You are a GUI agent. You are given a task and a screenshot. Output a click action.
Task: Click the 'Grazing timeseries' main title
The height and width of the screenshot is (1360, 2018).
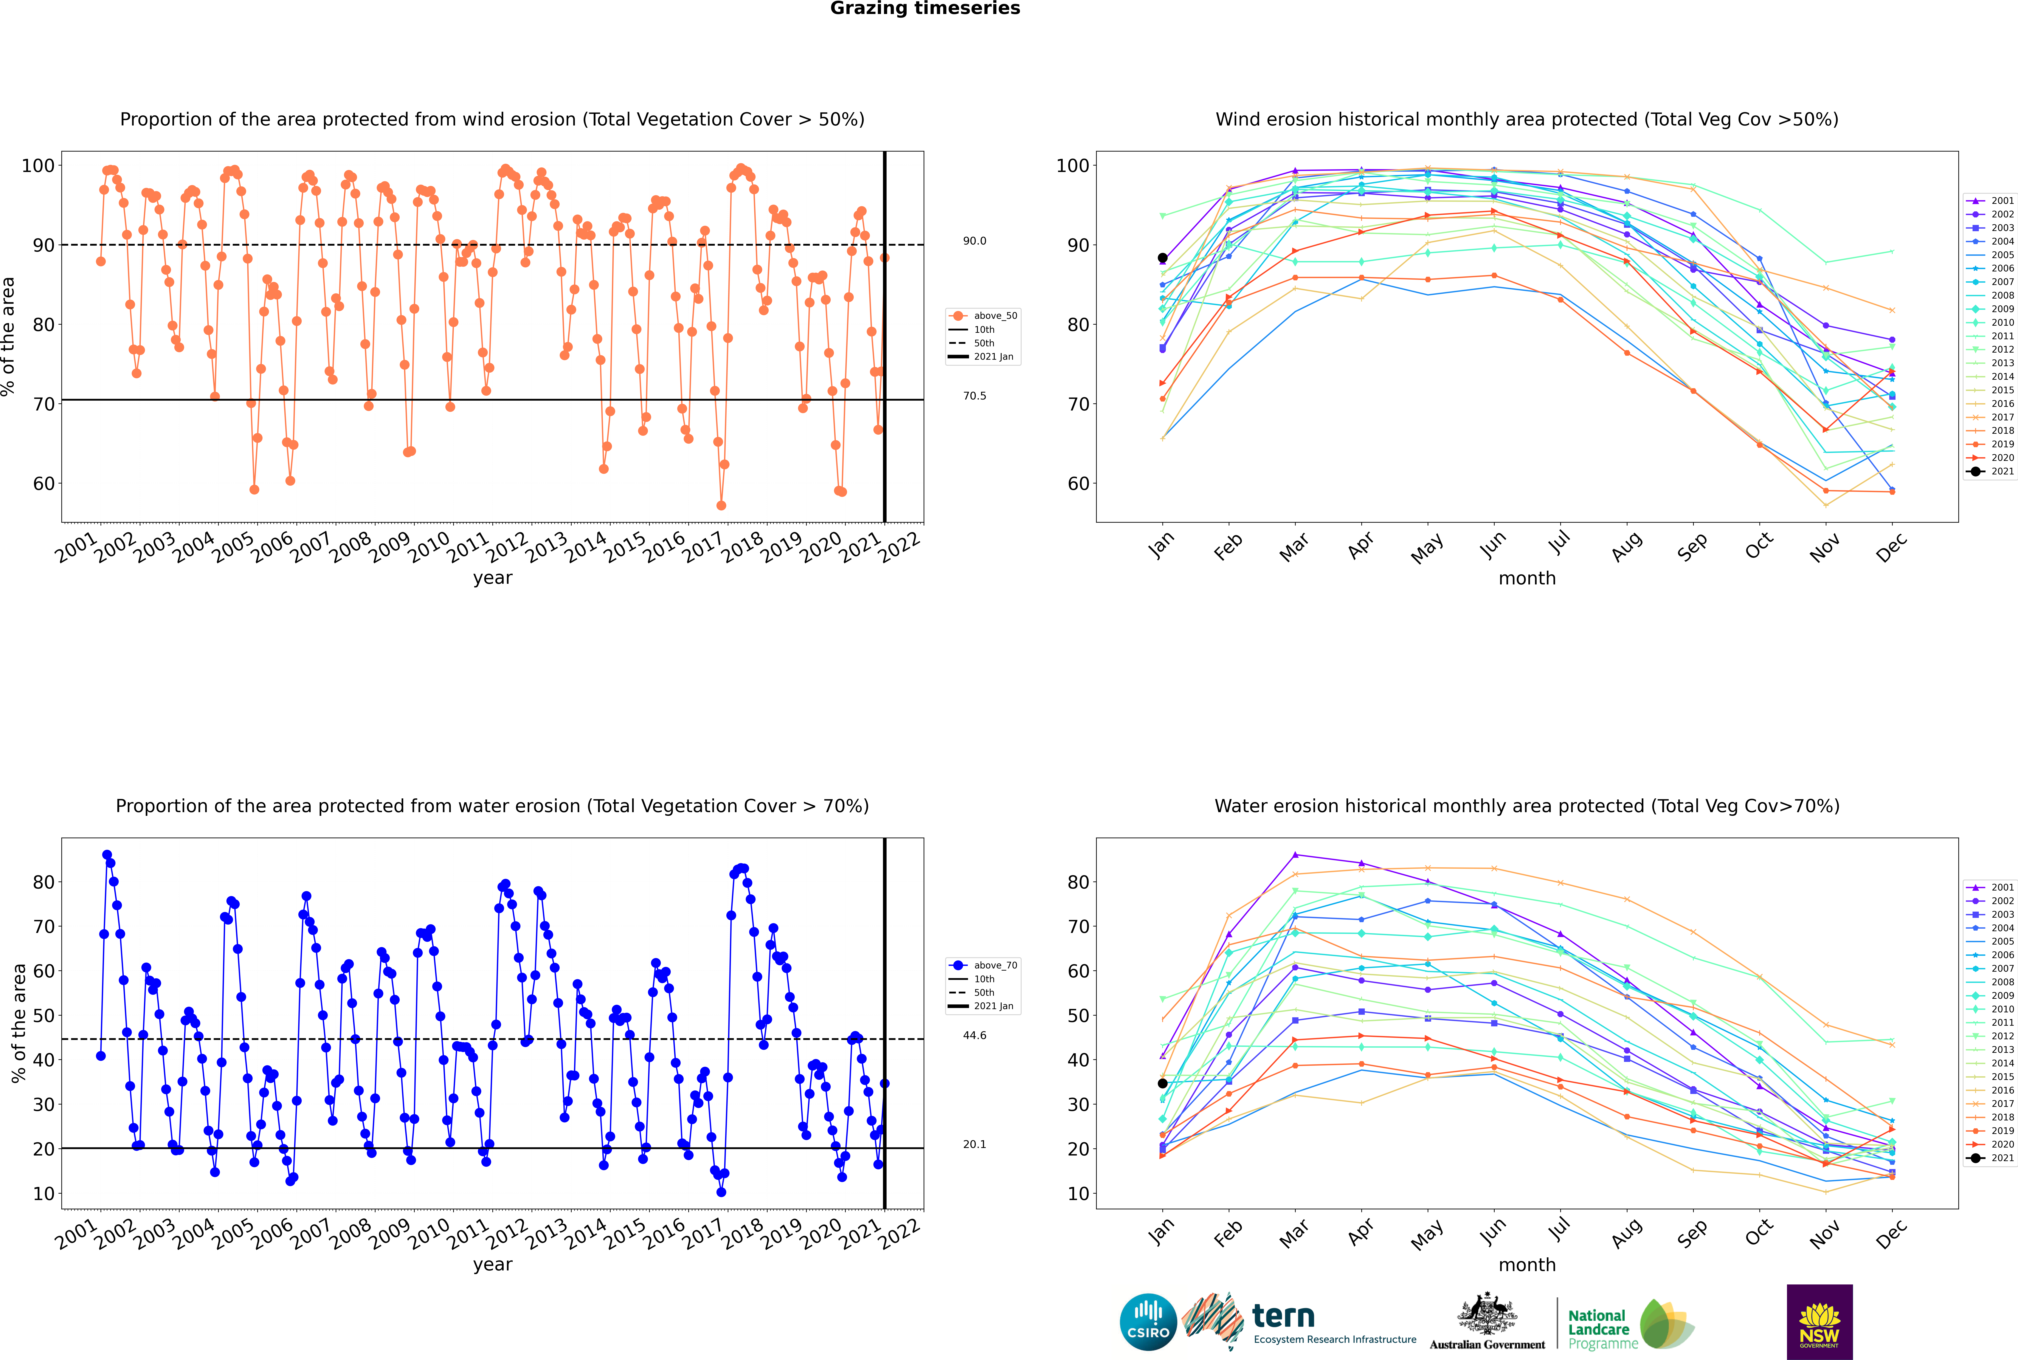[x=925, y=9]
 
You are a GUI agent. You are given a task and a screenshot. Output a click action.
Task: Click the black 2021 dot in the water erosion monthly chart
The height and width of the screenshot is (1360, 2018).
[x=1163, y=1083]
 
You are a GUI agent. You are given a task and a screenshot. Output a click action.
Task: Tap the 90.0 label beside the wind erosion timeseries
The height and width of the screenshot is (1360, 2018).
[x=974, y=241]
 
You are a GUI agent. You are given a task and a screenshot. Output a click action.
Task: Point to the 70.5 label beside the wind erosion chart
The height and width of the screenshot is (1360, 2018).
[x=974, y=395]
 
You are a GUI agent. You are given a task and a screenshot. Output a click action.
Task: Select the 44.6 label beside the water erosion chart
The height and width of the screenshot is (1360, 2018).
[x=974, y=1036]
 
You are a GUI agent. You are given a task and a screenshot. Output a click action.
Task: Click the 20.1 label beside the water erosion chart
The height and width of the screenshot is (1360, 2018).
[x=974, y=1145]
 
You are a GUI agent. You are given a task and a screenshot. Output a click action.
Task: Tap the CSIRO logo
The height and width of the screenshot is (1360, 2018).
[x=1148, y=1323]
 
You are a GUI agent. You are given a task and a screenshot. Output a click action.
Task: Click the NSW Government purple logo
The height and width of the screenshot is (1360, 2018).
[x=1819, y=1322]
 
